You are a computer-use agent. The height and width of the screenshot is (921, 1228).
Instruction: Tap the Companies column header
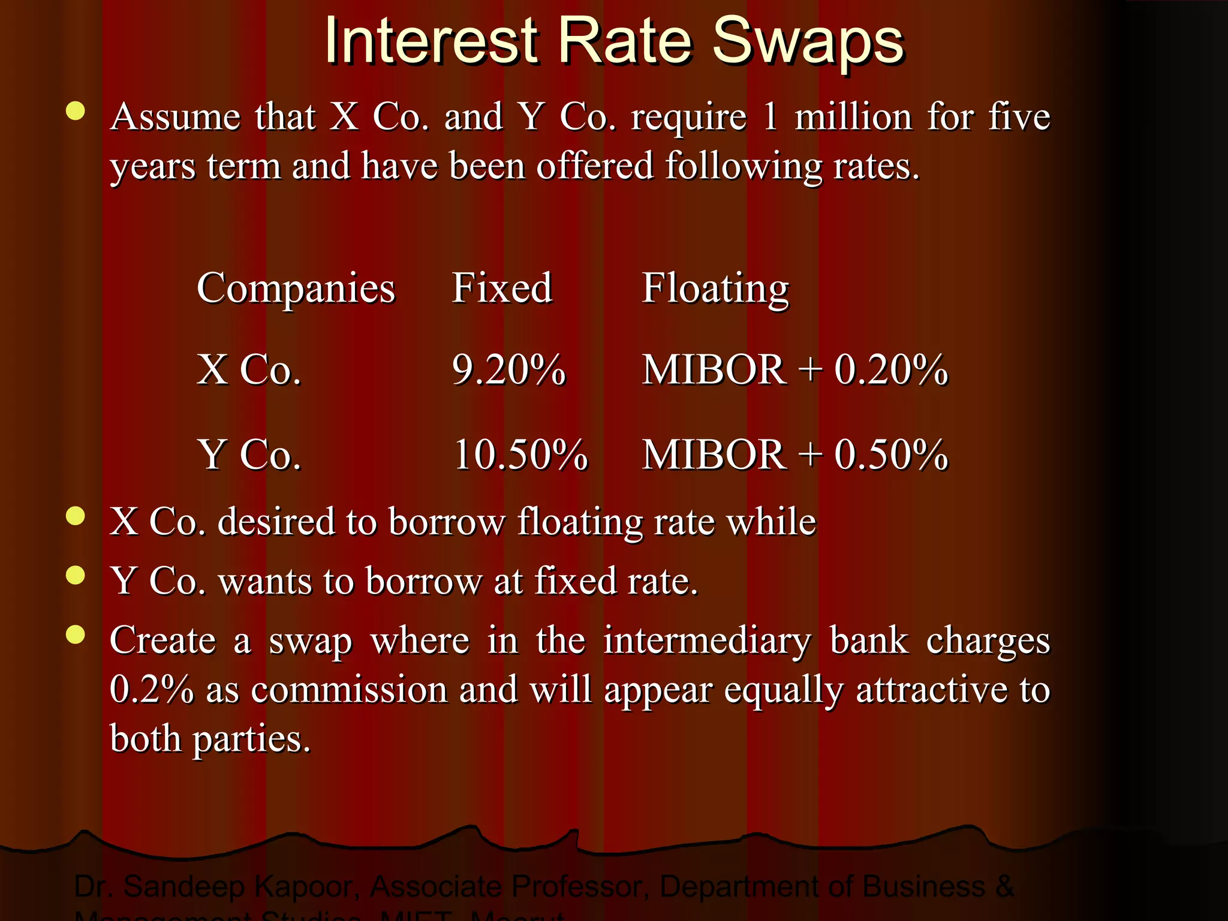pyautogui.click(x=296, y=288)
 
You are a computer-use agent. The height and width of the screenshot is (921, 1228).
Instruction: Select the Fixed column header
pyautogui.click(x=502, y=288)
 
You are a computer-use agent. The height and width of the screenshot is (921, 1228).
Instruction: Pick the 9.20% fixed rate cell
pyautogui.click(x=508, y=369)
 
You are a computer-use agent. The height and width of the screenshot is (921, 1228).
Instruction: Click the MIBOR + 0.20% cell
pyautogui.click(x=795, y=369)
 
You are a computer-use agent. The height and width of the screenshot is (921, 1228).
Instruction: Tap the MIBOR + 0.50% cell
pyautogui.click(x=795, y=455)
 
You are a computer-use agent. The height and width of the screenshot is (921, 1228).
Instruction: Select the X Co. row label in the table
pyautogui.click(x=249, y=369)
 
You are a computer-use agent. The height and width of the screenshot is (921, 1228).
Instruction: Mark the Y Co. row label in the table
pyautogui.click(x=249, y=455)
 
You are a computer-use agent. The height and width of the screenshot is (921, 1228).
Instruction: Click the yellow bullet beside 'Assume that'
pyautogui.click(x=76, y=112)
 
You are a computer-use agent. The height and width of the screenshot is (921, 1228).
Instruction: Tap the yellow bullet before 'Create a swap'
pyautogui.click(x=76, y=634)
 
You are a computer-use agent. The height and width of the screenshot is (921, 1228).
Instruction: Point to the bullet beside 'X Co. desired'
pyautogui.click(x=76, y=516)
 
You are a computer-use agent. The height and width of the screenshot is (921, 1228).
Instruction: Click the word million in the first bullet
pyautogui.click(x=853, y=116)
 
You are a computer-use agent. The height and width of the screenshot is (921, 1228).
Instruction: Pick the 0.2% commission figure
pyautogui.click(x=152, y=690)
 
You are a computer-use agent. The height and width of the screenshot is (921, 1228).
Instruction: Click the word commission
pyautogui.click(x=349, y=690)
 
